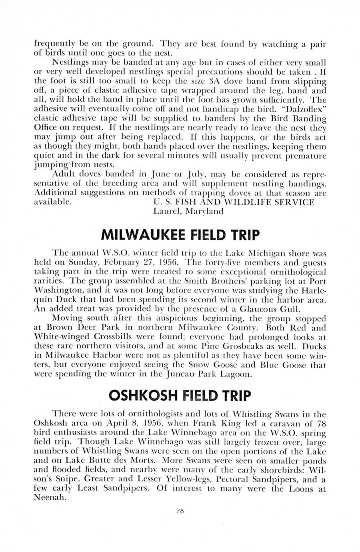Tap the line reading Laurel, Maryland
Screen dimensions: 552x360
188,211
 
